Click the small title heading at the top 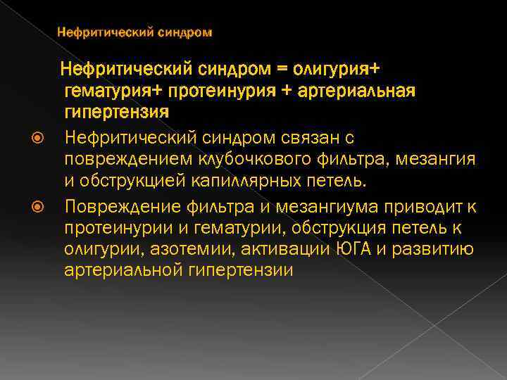(x=134, y=32)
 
